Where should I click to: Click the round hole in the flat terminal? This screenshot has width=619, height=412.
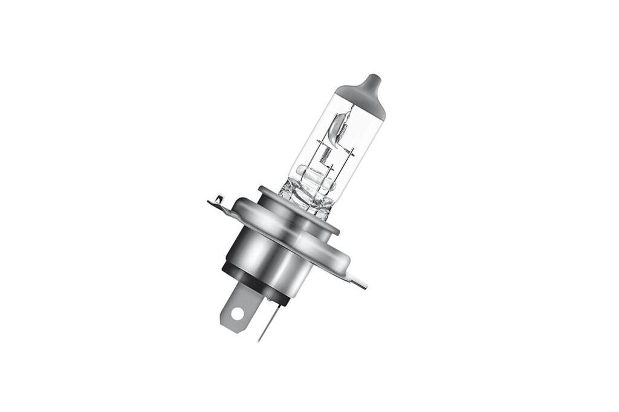237,314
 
